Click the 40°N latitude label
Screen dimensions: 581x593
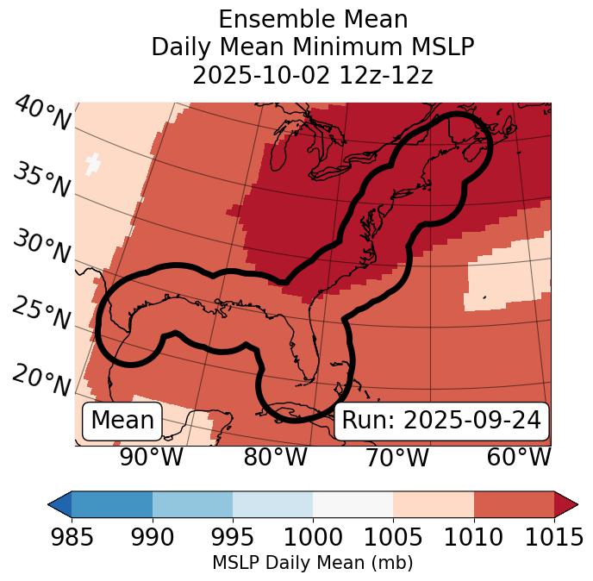click(42, 115)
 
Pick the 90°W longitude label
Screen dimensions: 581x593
click(151, 458)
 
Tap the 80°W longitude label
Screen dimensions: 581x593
click(275, 458)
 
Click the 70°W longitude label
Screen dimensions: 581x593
click(396, 458)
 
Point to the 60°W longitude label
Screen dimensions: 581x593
click(518, 458)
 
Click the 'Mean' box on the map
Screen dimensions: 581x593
click(122, 421)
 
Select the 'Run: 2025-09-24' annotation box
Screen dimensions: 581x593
click(441, 421)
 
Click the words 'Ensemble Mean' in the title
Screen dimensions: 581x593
click(313, 19)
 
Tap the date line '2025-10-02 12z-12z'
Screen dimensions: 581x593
click(313, 75)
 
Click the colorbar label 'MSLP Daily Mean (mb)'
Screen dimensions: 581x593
click(313, 563)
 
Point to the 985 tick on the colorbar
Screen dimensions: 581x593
click(72, 538)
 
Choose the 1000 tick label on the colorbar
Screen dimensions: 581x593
click(313, 538)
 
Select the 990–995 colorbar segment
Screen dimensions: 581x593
click(192, 504)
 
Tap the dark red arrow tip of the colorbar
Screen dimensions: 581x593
click(566, 504)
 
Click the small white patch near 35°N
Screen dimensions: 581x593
click(93, 162)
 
